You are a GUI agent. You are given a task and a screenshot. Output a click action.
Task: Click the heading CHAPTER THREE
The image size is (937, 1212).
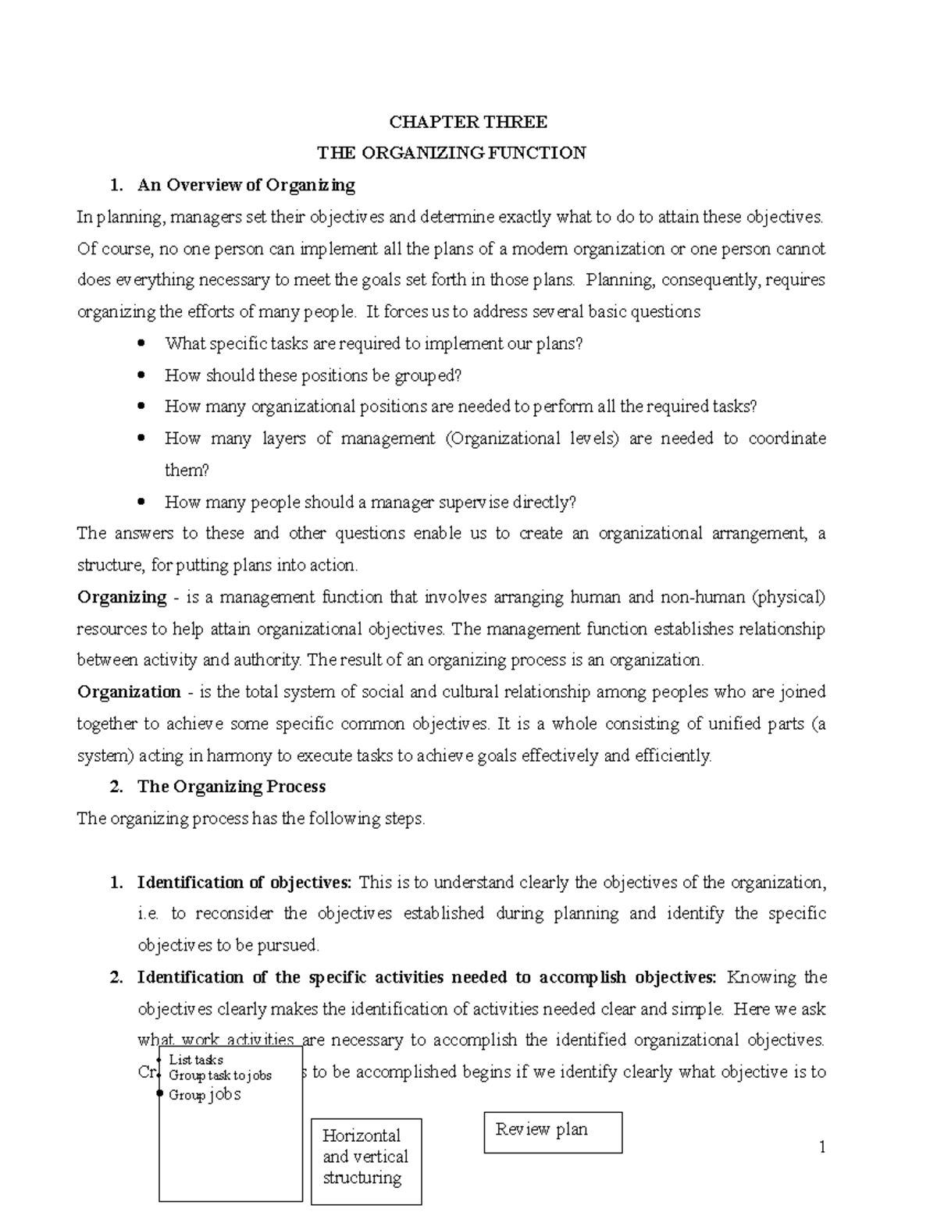point(468,122)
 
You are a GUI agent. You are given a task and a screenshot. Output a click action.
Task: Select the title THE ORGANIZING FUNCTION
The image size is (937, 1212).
point(468,153)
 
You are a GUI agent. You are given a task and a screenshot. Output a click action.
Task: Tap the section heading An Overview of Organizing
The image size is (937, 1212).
point(246,185)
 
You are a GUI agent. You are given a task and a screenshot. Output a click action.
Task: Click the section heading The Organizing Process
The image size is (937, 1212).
point(231,787)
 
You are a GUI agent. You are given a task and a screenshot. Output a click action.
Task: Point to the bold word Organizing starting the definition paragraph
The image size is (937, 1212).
point(122,598)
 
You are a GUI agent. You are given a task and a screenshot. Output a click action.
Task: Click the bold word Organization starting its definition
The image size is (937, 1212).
point(129,692)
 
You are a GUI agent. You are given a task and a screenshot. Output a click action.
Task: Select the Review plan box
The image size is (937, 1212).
point(553,1132)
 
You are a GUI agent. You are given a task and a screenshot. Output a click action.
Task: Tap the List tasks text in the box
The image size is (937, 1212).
point(196,1059)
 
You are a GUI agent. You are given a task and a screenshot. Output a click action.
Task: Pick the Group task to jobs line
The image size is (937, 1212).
point(220,1075)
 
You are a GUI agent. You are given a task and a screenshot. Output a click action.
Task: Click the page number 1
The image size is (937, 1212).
point(821,1147)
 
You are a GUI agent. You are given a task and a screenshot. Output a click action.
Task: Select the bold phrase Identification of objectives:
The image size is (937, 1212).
point(244,883)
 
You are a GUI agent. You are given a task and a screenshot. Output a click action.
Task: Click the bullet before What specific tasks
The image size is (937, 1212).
point(141,343)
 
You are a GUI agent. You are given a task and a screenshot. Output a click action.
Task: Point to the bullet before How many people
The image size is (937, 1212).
point(141,502)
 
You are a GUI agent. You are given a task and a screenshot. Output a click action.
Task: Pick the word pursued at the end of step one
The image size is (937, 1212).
point(291,946)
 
